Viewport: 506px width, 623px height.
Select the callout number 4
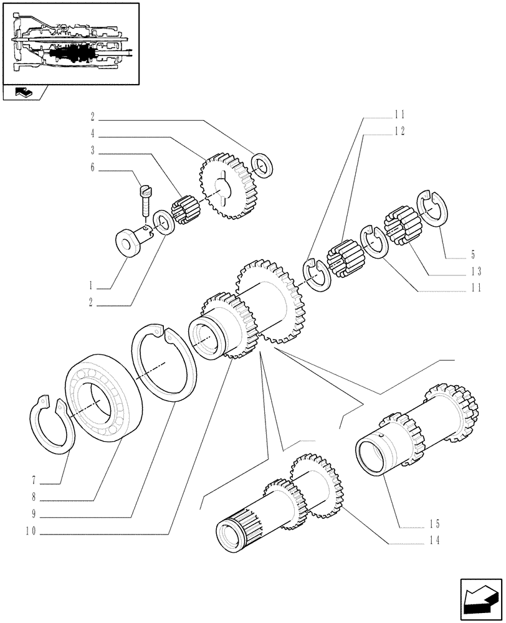click(x=92, y=133)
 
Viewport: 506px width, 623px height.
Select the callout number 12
click(x=399, y=131)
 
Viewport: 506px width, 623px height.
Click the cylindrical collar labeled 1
click(x=131, y=242)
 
